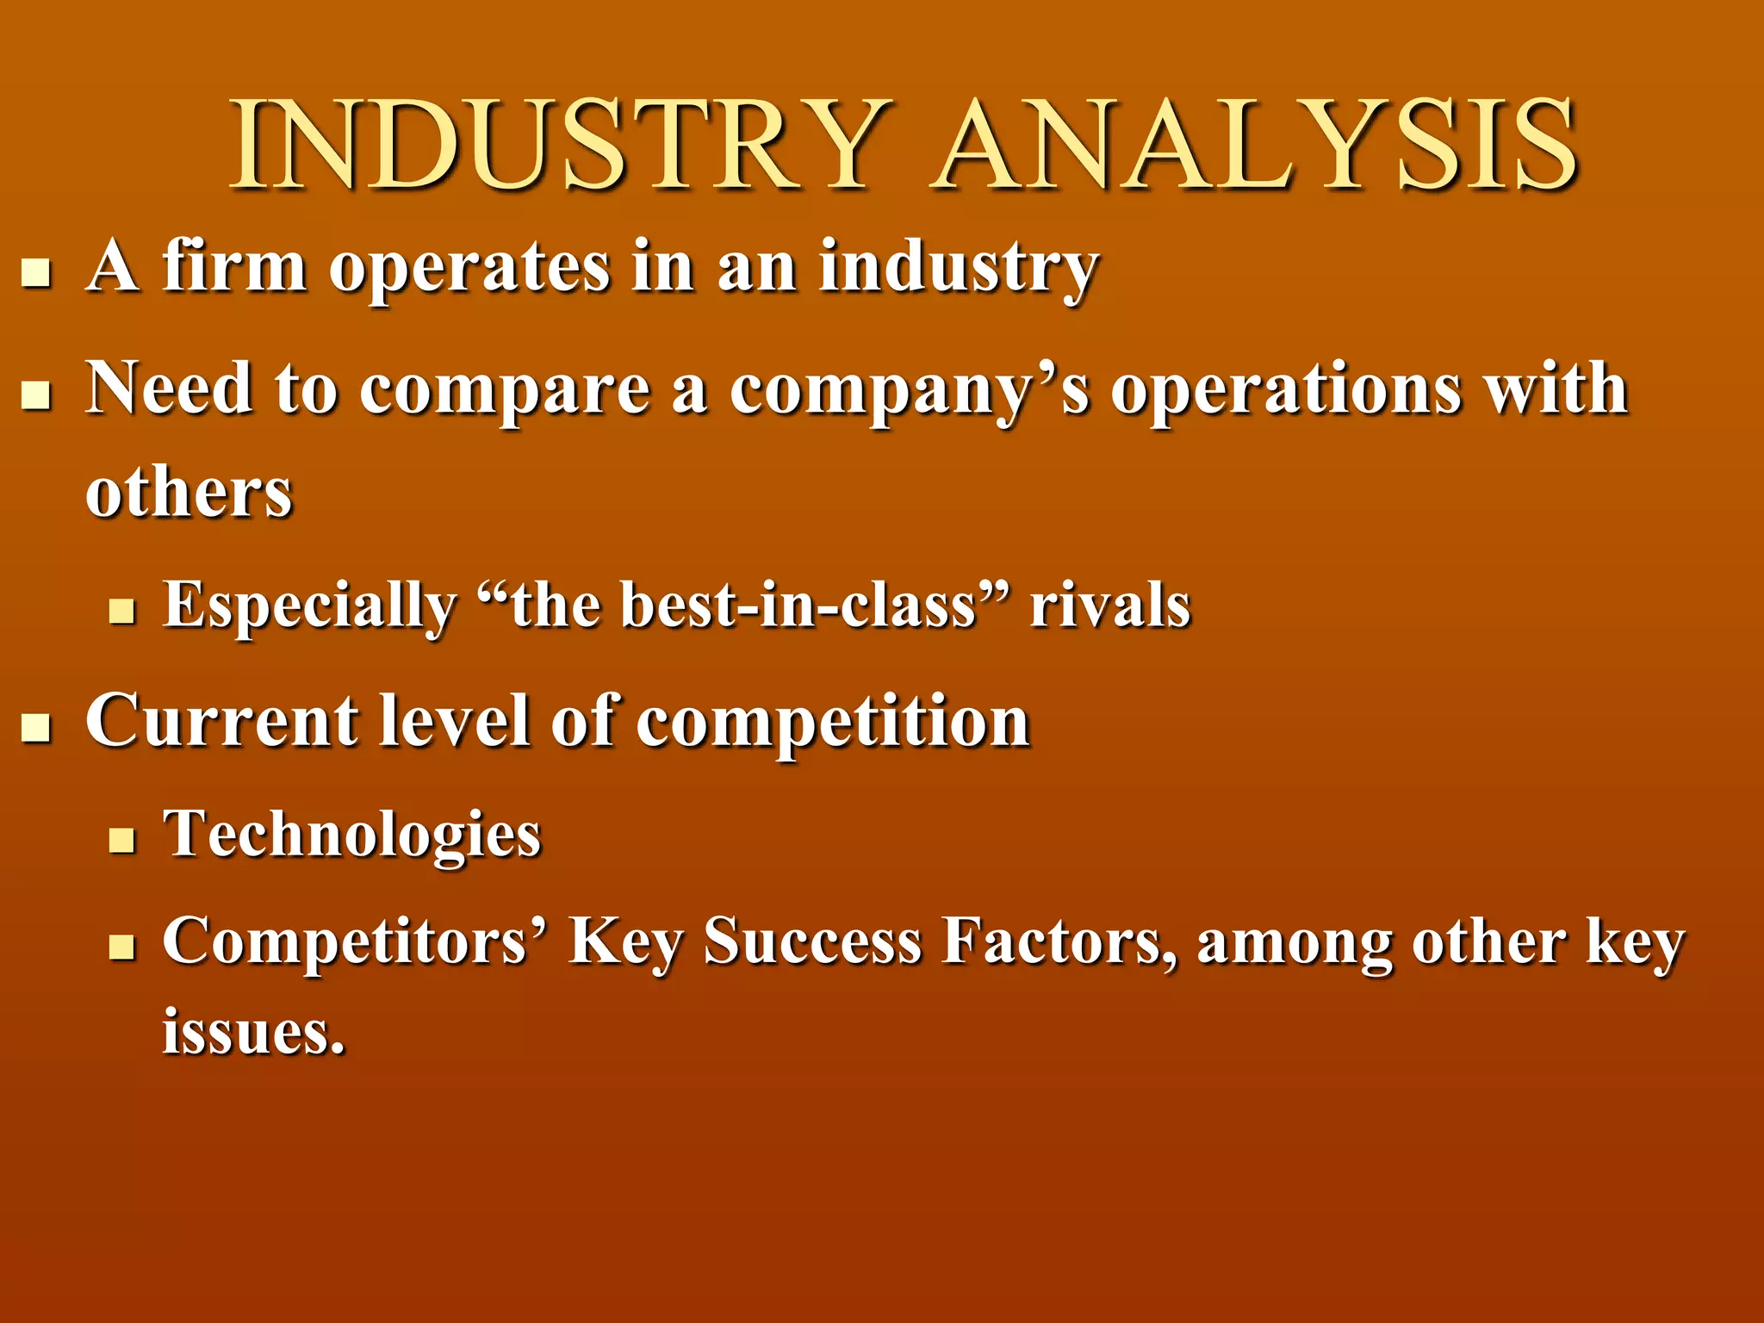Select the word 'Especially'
point(310,606)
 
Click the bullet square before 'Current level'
point(36,728)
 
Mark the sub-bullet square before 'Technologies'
point(122,840)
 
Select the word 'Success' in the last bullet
point(813,941)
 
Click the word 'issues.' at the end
point(254,1031)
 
